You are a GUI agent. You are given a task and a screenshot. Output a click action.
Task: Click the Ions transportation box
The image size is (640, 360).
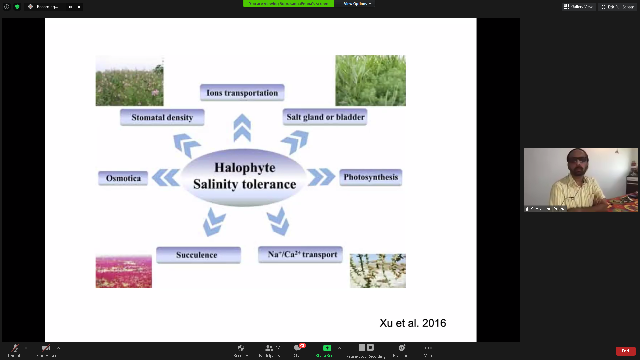pos(242,93)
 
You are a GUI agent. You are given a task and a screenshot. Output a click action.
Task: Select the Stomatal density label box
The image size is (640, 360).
pos(162,117)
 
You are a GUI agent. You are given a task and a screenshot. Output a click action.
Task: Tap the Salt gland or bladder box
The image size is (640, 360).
pos(325,117)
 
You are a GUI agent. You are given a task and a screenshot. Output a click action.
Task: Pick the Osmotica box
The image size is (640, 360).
pos(123,178)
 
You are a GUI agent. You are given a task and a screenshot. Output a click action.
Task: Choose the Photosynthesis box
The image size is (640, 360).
pos(371,177)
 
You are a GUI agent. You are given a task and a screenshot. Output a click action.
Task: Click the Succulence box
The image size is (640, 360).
pos(198,255)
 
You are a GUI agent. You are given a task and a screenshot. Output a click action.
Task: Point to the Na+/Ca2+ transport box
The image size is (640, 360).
pos(300,255)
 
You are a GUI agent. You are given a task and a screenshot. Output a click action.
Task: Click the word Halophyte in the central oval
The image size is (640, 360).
pos(245,168)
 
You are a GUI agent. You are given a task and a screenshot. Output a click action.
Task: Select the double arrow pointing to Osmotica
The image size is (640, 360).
pos(166,177)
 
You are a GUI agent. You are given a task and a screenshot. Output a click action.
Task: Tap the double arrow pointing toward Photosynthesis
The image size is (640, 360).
pos(321,177)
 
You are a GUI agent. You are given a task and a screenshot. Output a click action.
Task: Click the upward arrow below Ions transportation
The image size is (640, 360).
pos(242,128)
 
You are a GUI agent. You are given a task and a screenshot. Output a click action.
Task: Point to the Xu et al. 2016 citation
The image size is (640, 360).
pos(413,323)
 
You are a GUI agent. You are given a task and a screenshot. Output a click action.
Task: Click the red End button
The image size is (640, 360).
pos(625,351)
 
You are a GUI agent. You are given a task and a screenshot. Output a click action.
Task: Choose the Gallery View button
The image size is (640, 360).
pos(579,7)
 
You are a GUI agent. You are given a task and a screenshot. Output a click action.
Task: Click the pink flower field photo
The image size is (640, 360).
pos(124,271)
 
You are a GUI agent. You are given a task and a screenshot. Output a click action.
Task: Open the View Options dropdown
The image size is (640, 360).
pos(357,4)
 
